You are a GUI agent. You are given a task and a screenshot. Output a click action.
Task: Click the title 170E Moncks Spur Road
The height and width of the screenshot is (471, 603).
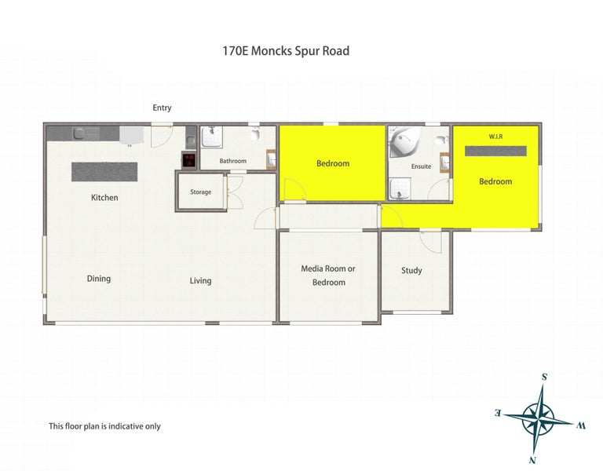click(286, 51)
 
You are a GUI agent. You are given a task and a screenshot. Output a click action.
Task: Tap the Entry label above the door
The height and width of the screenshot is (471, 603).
click(162, 108)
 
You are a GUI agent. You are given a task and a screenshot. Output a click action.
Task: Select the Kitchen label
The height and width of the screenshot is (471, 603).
click(104, 198)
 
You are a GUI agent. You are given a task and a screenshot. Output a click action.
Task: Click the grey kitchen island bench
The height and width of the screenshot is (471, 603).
click(104, 172)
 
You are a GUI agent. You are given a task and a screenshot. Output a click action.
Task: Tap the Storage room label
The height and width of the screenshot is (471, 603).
click(200, 192)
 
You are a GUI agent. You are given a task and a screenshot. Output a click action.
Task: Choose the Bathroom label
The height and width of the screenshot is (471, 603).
click(232, 161)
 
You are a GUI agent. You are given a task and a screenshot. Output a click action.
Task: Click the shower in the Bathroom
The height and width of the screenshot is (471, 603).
click(210, 137)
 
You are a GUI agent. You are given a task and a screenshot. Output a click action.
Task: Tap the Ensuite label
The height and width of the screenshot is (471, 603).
click(421, 166)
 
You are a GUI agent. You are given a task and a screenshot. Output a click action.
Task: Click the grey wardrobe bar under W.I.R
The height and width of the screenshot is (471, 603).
click(495, 151)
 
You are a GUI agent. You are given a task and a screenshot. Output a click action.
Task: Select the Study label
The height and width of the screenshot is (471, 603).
click(411, 271)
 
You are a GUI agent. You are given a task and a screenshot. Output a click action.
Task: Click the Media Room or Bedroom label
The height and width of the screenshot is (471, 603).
click(328, 275)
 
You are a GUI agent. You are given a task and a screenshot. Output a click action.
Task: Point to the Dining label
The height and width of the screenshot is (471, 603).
click(99, 279)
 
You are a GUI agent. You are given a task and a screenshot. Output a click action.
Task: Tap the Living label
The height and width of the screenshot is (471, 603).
click(200, 280)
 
